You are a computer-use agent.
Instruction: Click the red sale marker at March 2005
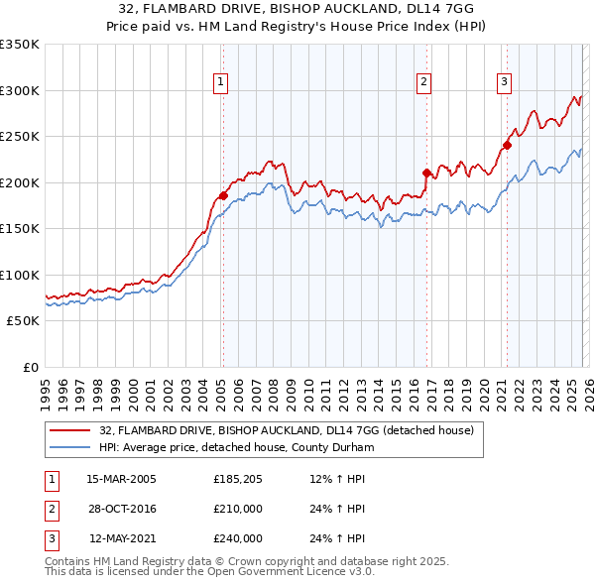click(x=223, y=196)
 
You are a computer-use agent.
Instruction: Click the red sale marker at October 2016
click(x=427, y=173)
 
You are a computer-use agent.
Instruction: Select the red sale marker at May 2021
click(x=507, y=145)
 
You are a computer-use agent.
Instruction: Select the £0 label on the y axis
click(x=30, y=367)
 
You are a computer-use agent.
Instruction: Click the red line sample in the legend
click(x=70, y=430)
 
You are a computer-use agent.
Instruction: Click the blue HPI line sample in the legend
click(x=70, y=447)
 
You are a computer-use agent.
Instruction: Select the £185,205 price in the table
click(x=238, y=479)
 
